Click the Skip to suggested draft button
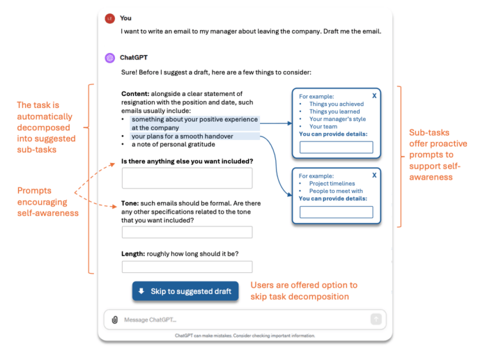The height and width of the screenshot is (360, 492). (185, 291)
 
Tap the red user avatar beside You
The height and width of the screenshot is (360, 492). (110, 19)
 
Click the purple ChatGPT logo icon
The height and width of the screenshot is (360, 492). (110, 58)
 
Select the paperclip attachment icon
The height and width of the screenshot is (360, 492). (114, 320)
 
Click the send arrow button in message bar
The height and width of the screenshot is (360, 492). (376, 319)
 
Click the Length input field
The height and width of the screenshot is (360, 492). (187, 267)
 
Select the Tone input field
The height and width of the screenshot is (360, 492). (187, 232)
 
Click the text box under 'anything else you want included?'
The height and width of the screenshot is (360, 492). (187, 178)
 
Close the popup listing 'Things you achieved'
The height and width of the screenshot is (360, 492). (374, 95)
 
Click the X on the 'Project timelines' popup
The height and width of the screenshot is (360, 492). (374, 175)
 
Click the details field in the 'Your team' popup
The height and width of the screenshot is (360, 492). (336, 148)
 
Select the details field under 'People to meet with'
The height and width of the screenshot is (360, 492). (336, 212)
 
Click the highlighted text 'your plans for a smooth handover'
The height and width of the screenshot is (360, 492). (182, 136)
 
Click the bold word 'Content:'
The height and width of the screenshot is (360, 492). (135, 94)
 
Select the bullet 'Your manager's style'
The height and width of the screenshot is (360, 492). (337, 119)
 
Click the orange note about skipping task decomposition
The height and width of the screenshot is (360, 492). (304, 290)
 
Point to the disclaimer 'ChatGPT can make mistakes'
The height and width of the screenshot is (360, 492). (245, 336)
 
